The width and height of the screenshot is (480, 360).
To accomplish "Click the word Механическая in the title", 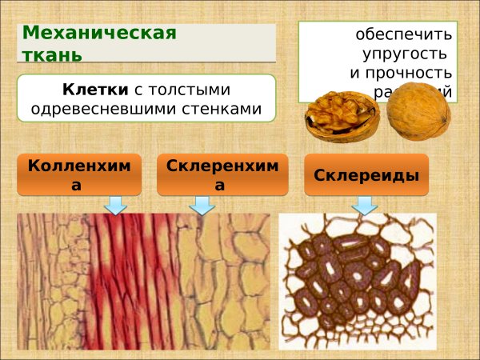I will pyautogui.click(x=99, y=34).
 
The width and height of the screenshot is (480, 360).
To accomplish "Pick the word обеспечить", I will pyautogui.click(x=404, y=35).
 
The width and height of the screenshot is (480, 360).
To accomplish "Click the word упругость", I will pyautogui.click(x=407, y=54).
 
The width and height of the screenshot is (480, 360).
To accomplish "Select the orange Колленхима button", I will pyautogui.click(x=78, y=174).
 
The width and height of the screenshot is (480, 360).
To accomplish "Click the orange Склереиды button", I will pyautogui.click(x=366, y=174).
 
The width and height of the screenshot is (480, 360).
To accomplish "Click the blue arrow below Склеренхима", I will pyautogui.click(x=202, y=205).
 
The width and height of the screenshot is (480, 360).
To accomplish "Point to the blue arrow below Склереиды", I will pyautogui.click(x=366, y=205).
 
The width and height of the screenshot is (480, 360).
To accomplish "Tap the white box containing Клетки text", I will pyautogui.click(x=146, y=98).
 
